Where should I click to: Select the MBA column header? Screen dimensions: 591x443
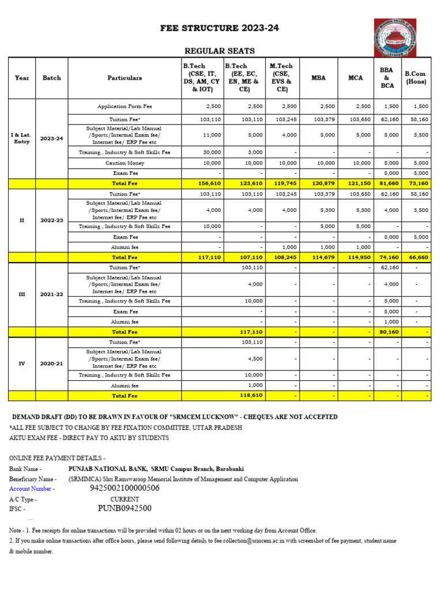pyautogui.click(x=318, y=78)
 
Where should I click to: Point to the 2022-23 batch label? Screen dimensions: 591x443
pyautogui.click(x=52, y=220)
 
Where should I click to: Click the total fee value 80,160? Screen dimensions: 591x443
pyautogui.click(x=386, y=332)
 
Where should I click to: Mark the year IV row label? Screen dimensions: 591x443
pyautogui.click(x=22, y=364)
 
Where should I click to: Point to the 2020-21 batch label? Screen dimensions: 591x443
pyautogui.click(x=52, y=364)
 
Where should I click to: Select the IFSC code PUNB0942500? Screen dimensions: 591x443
pyautogui.click(x=125, y=508)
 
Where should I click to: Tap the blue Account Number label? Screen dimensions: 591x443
pyautogui.click(x=32, y=489)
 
